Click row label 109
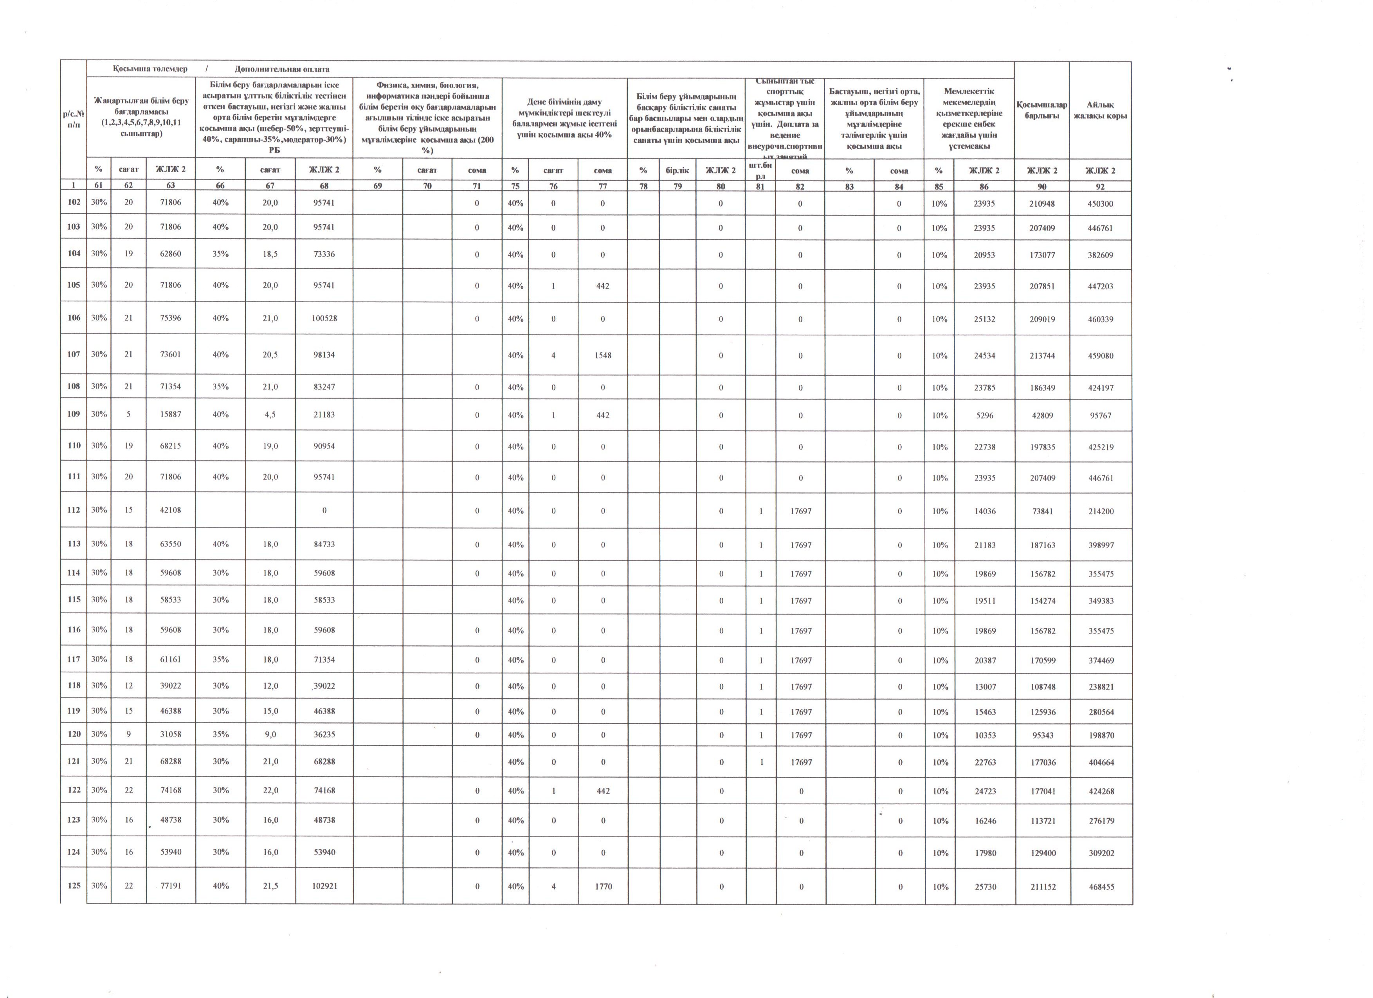74,414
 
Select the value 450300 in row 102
1101,204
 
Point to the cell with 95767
1101,416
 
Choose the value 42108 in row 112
170,510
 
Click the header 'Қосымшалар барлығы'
1042,110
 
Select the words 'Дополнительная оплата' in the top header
282,69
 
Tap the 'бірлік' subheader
677,171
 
